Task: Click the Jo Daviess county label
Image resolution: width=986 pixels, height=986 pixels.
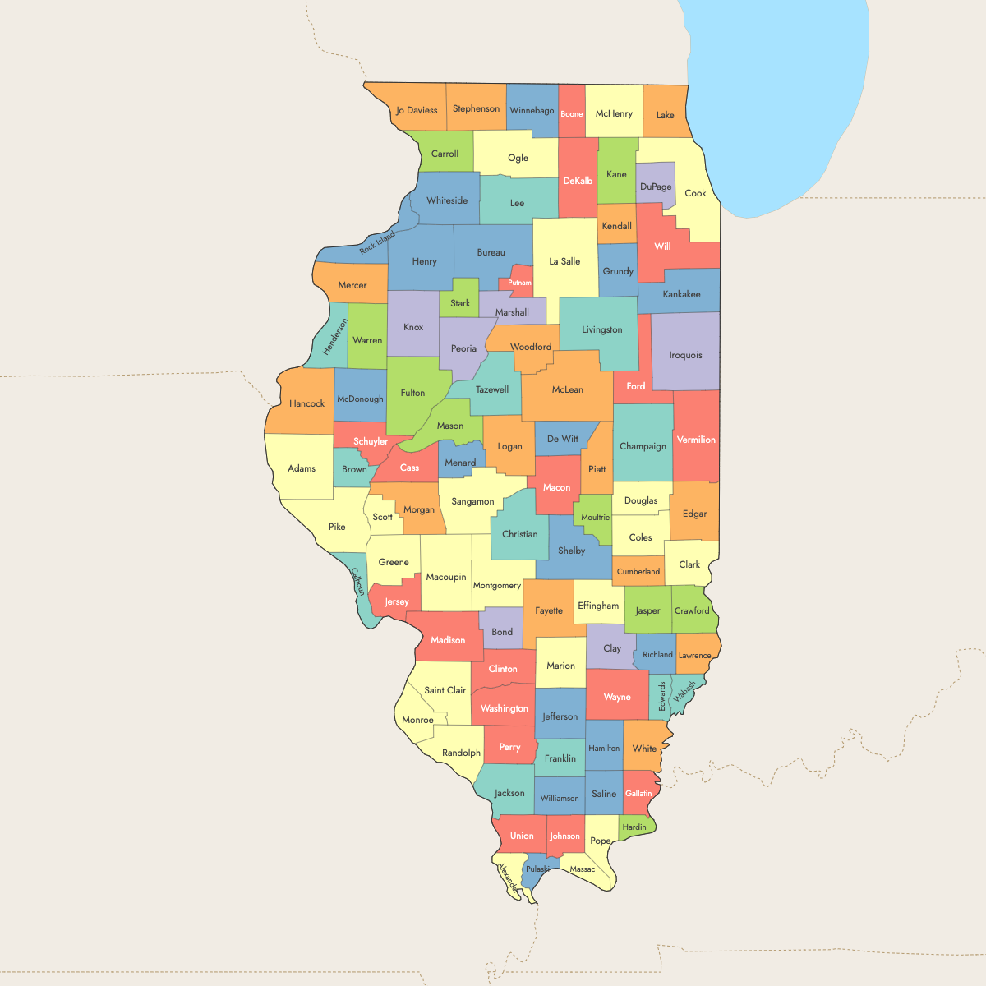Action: tap(417, 110)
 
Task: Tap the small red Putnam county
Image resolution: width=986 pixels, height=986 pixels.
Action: tap(520, 282)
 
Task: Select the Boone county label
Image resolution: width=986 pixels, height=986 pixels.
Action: tap(572, 114)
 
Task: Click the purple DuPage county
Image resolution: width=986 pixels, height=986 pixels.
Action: tap(656, 187)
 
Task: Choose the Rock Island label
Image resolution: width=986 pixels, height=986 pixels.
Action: tap(377, 243)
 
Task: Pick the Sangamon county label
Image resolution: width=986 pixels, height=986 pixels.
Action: tap(472, 501)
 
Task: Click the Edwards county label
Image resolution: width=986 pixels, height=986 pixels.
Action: tap(662, 696)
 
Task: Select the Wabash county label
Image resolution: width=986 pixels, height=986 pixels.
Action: tap(684, 691)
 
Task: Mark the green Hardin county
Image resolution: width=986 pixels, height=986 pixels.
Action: tap(634, 827)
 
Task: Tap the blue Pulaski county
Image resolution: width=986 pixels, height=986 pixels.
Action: tap(537, 869)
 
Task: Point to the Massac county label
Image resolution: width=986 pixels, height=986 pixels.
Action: tap(583, 869)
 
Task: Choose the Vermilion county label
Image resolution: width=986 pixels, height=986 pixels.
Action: tap(696, 440)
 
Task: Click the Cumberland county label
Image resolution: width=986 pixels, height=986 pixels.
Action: tap(638, 572)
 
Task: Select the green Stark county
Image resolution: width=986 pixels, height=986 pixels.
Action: tap(460, 302)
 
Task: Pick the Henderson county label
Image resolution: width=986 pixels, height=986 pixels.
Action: tap(335, 337)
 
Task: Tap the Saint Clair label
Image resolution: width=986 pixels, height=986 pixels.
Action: tap(445, 690)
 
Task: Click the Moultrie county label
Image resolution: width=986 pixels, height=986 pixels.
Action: tap(596, 518)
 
